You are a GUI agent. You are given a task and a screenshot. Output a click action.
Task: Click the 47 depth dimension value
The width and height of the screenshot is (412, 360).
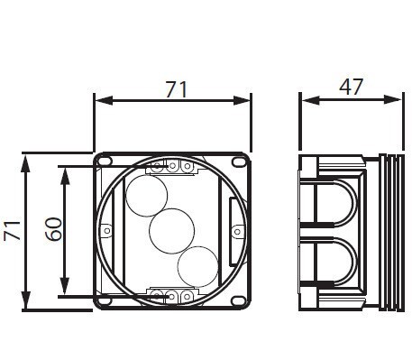(351, 87)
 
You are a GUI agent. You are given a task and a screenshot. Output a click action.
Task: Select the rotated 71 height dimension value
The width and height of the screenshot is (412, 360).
(13, 231)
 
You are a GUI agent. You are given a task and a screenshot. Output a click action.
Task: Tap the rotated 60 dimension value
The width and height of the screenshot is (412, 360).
(53, 230)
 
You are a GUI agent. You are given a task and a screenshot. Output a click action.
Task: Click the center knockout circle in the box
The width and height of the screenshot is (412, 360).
(168, 230)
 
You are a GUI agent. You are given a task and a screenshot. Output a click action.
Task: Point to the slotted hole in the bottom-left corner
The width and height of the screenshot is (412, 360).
(106, 300)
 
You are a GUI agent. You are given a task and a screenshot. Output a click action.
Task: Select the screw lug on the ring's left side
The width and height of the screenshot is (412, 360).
(106, 231)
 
